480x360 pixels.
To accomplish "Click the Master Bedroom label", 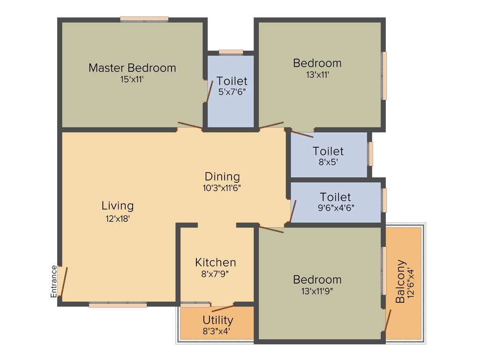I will (132, 68).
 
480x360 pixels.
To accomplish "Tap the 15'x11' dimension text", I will (132, 80).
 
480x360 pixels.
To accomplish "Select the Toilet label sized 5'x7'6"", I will (232, 82).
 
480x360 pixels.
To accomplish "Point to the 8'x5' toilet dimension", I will (328, 162).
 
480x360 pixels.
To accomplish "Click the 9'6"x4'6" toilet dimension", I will (336, 208).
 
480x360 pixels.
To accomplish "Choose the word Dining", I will (222, 177).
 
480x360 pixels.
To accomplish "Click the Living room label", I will (118, 206).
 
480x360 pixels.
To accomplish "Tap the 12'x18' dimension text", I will (118, 218).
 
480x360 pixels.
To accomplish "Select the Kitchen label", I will (216, 262).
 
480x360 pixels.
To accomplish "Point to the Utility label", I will (218, 320).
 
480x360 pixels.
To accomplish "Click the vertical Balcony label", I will (401, 281).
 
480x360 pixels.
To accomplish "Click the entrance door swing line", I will (64, 282).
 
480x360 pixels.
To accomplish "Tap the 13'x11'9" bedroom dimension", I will (317, 291).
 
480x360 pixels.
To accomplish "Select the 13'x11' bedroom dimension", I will (317, 75).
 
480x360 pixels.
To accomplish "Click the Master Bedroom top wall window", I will (144, 19).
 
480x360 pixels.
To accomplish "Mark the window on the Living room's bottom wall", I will (118, 305).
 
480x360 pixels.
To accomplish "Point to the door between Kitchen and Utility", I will (222, 308).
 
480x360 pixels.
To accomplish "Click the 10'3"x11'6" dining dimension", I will (222, 188).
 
